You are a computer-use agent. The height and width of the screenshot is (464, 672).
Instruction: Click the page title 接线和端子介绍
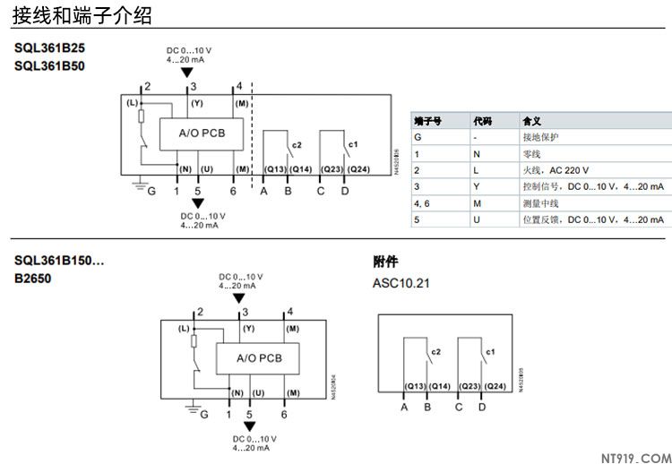pyautogui.click(x=82, y=15)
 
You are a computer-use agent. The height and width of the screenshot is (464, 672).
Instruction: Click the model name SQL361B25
pyautogui.click(x=49, y=47)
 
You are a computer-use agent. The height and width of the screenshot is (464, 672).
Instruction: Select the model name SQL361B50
pyautogui.click(x=49, y=64)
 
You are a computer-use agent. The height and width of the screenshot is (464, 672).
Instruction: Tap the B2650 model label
pyautogui.click(x=33, y=279)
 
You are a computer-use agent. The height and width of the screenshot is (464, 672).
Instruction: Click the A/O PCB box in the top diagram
pyautogui.click(x=202, y=133)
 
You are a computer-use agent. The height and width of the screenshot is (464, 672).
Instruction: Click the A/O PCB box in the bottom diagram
pyautogui.click(x=257, y=358)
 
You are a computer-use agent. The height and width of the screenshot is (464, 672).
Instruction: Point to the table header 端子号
pyautogui.click(x=427, y=121)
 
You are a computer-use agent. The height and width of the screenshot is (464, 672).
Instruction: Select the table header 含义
pyautogui.click(x=532, y=121)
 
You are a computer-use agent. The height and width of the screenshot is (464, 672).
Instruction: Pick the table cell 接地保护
pyautogui.click(x=540, y=137)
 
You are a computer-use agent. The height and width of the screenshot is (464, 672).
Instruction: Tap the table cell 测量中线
pyautogui.click(x=540, y=203)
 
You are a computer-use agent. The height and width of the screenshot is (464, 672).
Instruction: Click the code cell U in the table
pyautogui.click(x=477, y=219)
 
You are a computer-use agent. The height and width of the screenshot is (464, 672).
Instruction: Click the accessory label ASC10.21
pyautogui.click(x=401, y=283)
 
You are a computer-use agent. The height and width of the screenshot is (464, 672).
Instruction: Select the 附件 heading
pyautogui.click(x=385, y=262)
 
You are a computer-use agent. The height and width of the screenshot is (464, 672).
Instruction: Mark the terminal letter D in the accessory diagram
pyautogui.click(x=482, y=408)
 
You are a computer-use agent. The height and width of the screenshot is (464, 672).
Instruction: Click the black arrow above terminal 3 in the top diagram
pyautogui.click(x=186, y=73)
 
